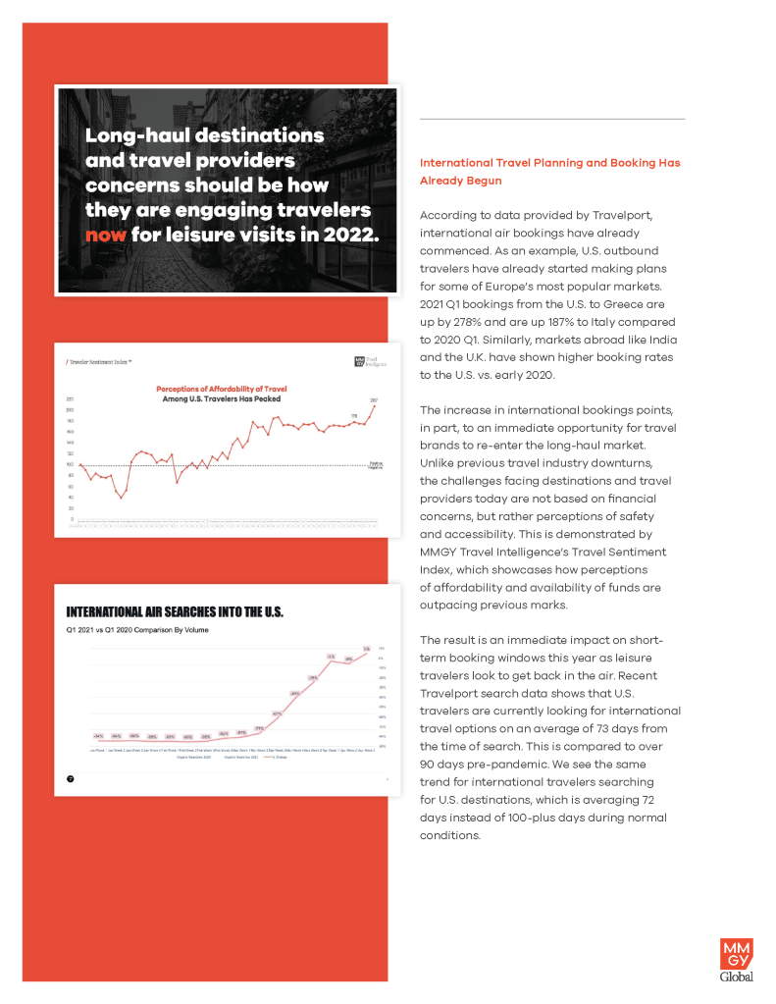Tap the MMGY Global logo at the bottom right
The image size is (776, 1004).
tap(737, 960)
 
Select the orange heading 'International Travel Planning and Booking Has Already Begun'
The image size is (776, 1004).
tap(549, 172)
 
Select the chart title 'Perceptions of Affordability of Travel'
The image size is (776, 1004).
tap(235, 389)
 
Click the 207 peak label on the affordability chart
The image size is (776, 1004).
tap(373, 399)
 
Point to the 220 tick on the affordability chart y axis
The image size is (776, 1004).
tap(70, 399)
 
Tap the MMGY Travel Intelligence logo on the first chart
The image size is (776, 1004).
tap(368, 362)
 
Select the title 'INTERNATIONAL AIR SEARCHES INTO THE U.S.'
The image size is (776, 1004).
tap(175, 612)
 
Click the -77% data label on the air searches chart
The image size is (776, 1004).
tap(259, 728)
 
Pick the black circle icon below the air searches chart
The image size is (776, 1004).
tap(71, 778)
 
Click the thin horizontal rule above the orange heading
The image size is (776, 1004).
tap(551, 120)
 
